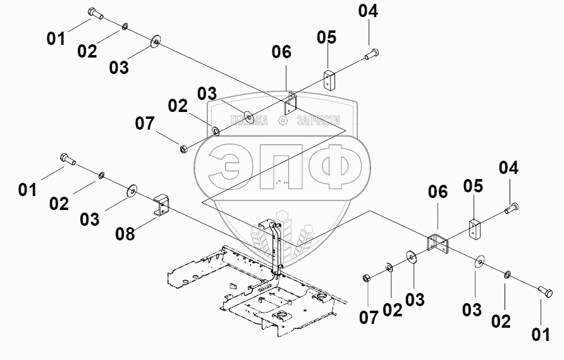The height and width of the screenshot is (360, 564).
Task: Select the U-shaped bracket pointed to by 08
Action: point(162,204)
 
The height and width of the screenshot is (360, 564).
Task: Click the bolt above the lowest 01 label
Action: point(545,292)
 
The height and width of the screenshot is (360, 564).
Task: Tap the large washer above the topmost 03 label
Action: point(155,43)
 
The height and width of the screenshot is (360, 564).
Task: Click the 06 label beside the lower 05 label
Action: point(438,192)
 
